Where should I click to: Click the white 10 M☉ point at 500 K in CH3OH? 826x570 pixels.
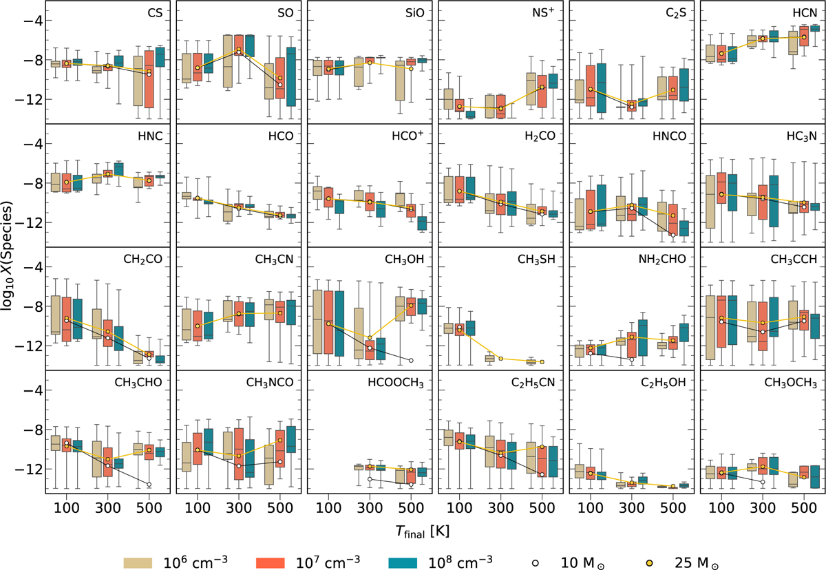(411, 360)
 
